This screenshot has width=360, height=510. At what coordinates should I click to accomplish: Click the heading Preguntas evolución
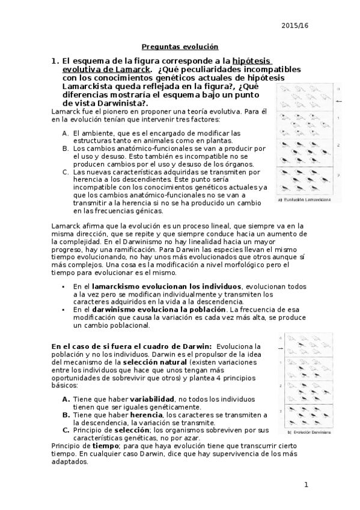180,46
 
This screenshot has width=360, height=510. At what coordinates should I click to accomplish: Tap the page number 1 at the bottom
305,484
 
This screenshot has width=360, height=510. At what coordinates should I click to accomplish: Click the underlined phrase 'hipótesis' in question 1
252,61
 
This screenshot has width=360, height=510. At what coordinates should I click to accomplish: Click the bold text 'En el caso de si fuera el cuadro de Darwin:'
131,346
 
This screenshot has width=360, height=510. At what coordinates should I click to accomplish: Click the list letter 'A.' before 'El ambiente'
65,132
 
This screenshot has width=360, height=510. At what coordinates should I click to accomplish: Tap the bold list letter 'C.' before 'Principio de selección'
66,430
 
